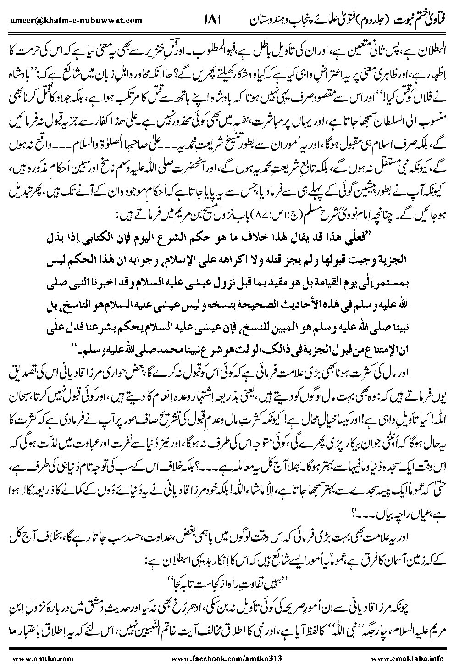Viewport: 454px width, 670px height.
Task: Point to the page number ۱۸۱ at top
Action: [211, 19]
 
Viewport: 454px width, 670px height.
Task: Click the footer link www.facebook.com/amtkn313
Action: [226, 659]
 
